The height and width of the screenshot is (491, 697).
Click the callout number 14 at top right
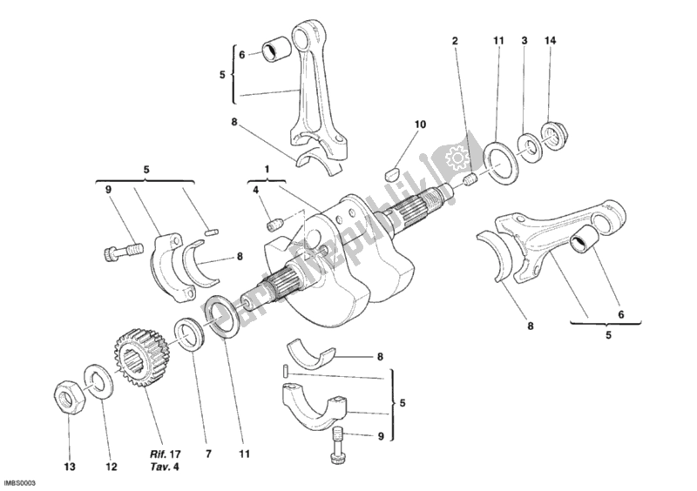(x=549, y=41)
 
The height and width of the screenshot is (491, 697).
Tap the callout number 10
(x=420, y=124)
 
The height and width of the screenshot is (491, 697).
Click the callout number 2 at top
(x=454, y=41)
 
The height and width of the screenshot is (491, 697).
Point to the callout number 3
(x=524, y=41)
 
